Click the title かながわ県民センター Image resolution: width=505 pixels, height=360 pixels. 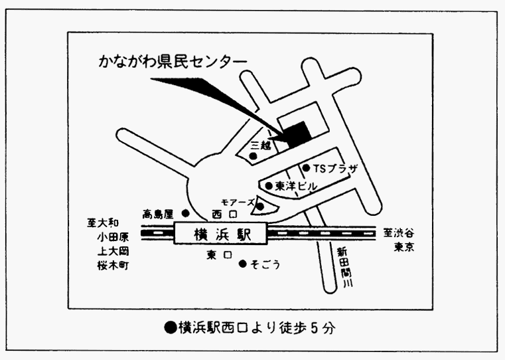coord(173,61)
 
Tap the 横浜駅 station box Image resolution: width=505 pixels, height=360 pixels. coord(220,233)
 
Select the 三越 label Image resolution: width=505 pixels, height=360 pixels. coord(261,146)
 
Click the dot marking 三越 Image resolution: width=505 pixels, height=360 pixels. coord(253,156)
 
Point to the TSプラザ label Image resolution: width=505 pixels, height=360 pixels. coord(335,169)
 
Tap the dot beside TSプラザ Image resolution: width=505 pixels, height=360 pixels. coord(307,168)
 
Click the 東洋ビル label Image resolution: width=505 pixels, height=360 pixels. coord(296,186)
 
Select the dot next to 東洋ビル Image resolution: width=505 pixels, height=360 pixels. coord(269,185)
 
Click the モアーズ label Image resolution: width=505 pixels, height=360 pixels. coord(238,203)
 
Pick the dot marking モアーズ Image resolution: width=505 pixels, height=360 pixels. coord(261,207)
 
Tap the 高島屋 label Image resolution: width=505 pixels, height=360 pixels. coord(158,214)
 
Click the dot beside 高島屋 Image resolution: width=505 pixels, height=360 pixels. coord(186,213)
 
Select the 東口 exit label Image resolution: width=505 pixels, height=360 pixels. coord(219,255)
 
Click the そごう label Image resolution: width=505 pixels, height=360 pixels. coord(265,264)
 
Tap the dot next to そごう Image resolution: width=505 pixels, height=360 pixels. coord(243,264)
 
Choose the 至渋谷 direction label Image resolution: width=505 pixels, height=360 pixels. coord(398,232)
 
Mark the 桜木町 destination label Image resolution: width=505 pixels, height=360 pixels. coord(113,266)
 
